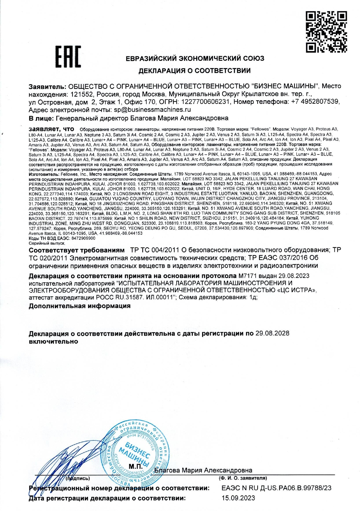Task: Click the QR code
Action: [x=326, y=32]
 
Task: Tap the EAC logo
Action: [x=68, y=57]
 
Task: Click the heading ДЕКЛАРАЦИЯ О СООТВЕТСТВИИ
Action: [x=195, y=70]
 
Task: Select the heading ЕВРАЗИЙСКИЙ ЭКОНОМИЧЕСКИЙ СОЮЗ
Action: [x=195, y=58]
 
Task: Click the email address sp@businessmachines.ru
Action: [x=152, y=110]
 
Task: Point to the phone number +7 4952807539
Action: [x=315, y=102]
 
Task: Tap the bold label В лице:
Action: [x=41, y=118]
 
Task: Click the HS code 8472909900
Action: [x=83, y=238]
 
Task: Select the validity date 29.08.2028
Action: [x=272, y=333]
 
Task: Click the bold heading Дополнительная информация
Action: [x=80, y=306]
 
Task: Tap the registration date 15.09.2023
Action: [x=238, y=498]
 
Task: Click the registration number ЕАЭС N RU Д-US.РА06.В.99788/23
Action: [x=276, y=488]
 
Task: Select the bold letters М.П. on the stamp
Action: [x=135, y=466]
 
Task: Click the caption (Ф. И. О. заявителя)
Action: [x=243, y=478]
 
